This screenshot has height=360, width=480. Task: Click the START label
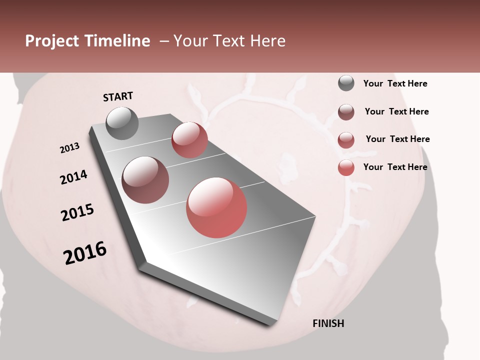(x=118, y=96)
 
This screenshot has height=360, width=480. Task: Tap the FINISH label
(x=328, y=323)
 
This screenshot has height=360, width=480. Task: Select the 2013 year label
(x=69, y=148)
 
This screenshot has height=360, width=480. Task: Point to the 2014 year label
(x=73, y=177)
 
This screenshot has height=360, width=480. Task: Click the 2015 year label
(x=77, y=212)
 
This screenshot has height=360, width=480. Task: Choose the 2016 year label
(x=85, y=253)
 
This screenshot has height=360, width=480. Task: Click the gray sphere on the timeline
(x=122, y=123)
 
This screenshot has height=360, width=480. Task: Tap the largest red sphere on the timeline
(x=216, y=207)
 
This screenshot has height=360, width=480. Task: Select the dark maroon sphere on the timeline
(x=145, y=180)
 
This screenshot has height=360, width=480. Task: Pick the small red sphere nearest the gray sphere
(x=189, y=140)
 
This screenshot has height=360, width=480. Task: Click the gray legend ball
(x=346, y=83)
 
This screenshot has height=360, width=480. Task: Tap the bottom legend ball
(x=346, y=167)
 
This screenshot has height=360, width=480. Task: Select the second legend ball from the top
(x=346, y=112)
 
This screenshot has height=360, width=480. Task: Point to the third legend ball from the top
(x=346, y=140)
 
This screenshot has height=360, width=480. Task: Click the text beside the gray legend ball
(x=395, y=83)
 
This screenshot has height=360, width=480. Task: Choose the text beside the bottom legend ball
(x=395, y=167)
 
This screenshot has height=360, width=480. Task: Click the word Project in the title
(x=52, y=41)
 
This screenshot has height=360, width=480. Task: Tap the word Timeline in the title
(x=117, y=41)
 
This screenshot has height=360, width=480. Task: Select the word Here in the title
(x=267, y=41)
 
